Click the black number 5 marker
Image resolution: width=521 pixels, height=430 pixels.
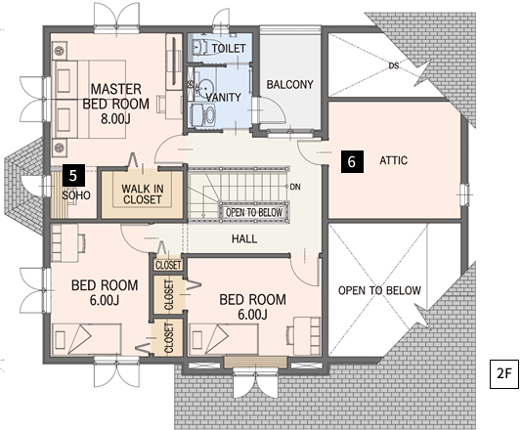(73, 175)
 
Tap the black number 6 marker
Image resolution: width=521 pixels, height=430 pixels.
(352, 161)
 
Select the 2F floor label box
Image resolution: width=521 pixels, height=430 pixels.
(504, 374)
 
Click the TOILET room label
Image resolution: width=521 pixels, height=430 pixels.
(229, 49)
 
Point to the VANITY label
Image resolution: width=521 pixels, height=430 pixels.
(223, 98)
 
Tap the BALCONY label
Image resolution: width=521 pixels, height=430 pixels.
(289, 84)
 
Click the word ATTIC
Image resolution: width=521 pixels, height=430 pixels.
(393, 160)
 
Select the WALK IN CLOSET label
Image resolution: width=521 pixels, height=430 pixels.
(142, 194)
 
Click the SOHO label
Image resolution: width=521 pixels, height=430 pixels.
(76, 195)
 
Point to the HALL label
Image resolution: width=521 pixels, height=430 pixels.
(244, 238)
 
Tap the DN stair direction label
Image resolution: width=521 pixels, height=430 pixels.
(295, 187)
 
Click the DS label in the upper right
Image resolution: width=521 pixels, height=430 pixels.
(393, 65)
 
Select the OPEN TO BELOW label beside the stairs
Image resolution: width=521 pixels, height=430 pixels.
(254, 212)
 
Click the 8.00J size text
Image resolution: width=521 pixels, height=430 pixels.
(115, 118)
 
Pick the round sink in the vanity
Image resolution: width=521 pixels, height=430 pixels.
(205, 87)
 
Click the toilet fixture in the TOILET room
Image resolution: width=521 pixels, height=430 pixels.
(200, 48)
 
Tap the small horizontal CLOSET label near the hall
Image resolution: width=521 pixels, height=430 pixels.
(168, 265)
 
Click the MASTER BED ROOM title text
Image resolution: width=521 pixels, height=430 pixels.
(116, 97)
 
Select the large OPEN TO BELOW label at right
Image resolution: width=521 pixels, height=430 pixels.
(379, 290)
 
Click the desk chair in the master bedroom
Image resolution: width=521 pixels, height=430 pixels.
(161, 104)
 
